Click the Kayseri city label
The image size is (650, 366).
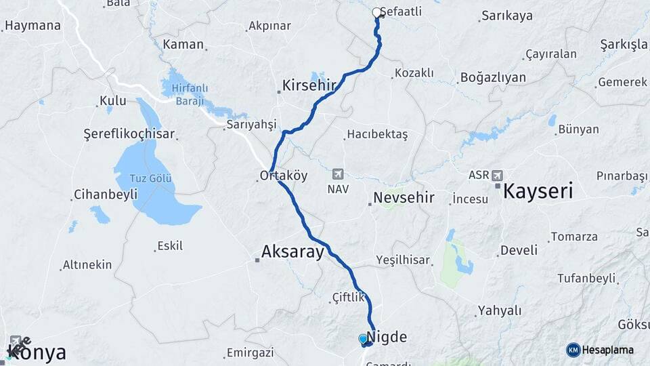(538, 190)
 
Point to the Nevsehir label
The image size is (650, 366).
(404, 199)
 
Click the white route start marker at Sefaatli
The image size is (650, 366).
(377, 12)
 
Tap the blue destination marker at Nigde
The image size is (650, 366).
(364, 338)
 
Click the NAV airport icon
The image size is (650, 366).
(338, 174)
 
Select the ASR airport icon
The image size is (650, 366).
(498, 175)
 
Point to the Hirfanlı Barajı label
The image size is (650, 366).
(189, 92)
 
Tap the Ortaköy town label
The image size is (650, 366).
(284, 176)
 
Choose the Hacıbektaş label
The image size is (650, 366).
(377, 134)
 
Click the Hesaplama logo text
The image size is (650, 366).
(608, 350)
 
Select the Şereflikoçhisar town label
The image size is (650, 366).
(129, 134)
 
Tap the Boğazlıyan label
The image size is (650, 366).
(493, 77)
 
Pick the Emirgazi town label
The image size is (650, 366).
(250, 352)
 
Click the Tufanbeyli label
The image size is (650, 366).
(586, 278)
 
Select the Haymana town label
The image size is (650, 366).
(32, 26)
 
